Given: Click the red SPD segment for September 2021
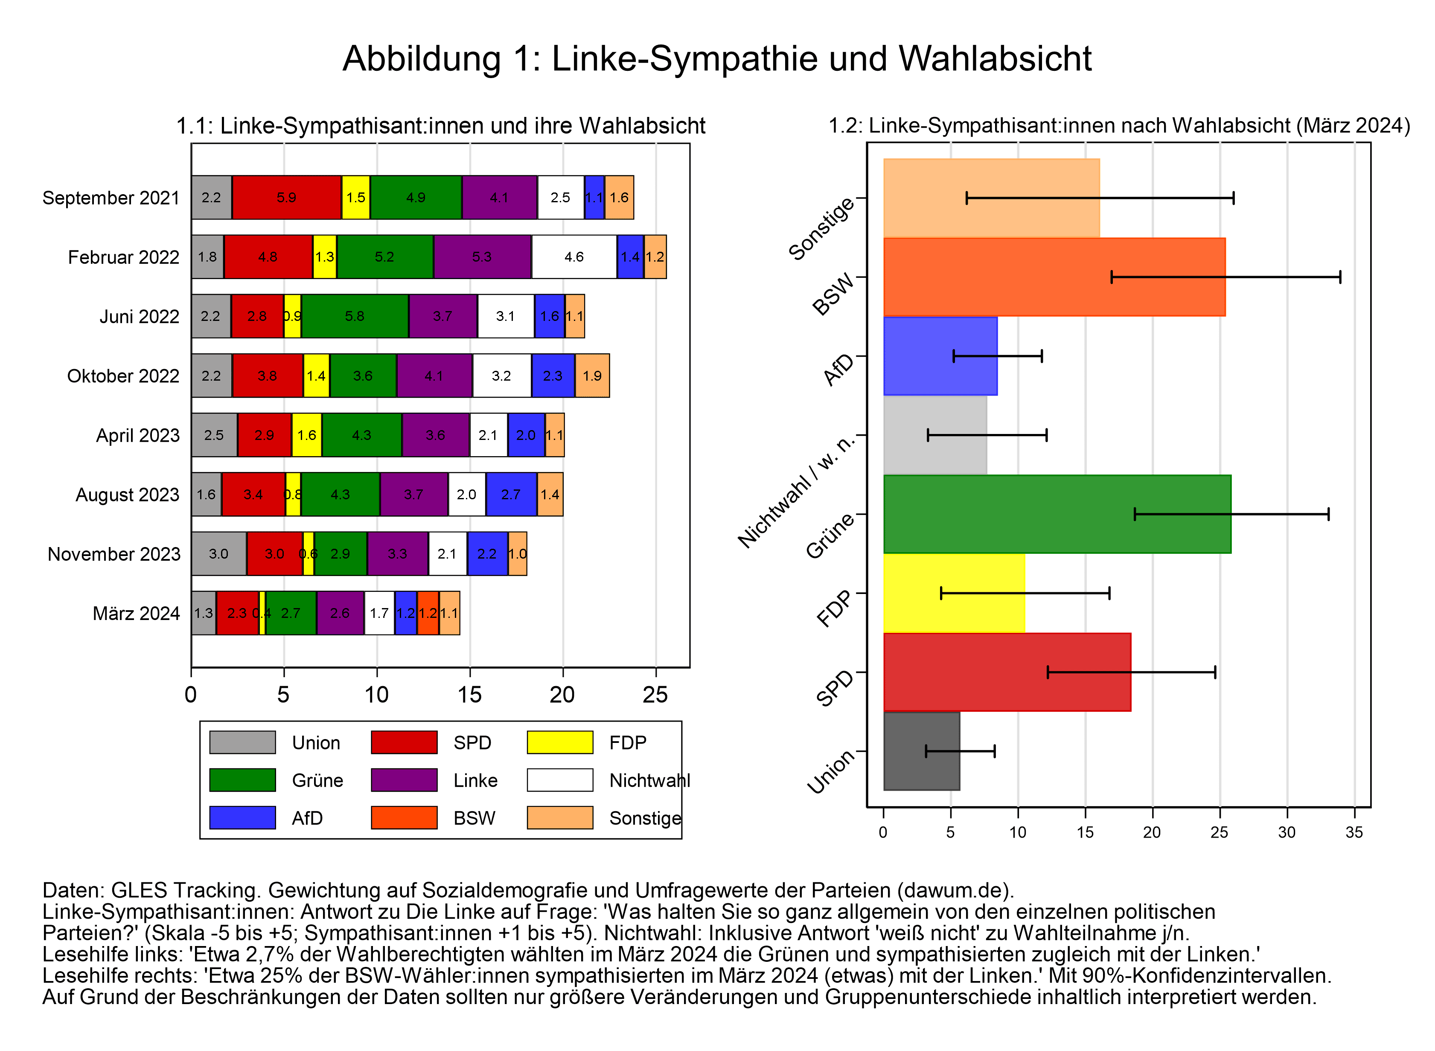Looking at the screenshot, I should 286,197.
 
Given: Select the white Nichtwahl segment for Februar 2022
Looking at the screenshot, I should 574,257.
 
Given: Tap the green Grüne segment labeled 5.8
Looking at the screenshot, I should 354,316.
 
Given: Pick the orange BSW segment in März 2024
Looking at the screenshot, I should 428,613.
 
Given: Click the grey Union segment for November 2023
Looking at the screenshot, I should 218,553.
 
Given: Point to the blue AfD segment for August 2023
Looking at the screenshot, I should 511,494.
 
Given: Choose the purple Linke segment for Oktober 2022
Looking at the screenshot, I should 434,376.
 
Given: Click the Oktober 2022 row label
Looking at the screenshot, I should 123,376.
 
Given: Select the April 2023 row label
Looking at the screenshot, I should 137,435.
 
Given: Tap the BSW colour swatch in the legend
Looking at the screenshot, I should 404,818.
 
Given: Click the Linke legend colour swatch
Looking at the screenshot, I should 404,780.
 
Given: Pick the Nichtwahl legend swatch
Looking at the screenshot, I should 560,780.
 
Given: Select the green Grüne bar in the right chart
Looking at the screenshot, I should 1056,514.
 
